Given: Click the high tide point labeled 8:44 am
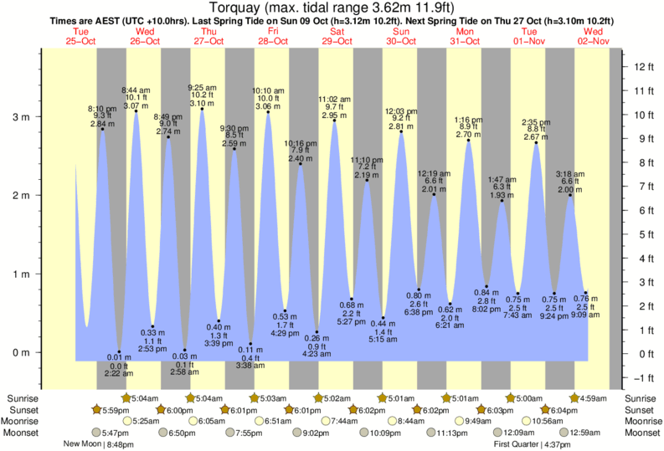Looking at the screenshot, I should (136, 111).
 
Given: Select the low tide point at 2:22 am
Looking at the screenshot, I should (119, 351).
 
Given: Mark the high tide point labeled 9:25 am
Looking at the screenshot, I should (201, 109).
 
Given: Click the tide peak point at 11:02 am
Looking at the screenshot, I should (334, 120).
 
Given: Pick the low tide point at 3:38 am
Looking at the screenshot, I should (250, 344).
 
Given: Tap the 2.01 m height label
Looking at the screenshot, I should (434, 189).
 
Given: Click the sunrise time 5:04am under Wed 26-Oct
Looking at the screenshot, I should (143, 398).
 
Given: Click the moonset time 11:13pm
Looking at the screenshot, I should (450, 433).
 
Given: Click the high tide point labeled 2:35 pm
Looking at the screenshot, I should (537, 142).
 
